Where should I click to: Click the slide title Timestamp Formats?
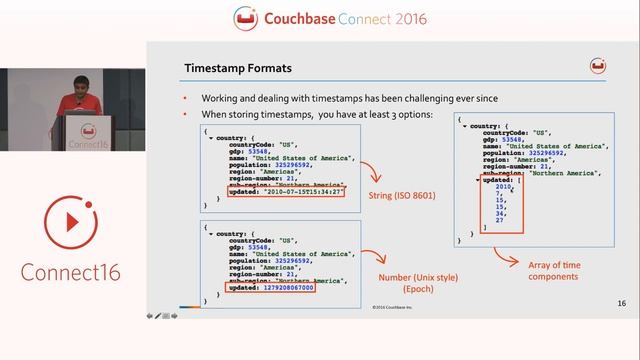(x=238, y=68)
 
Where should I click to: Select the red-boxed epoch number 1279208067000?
(x=271, y=288)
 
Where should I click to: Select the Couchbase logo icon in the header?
(x=245, y=18)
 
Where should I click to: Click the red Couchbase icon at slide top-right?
(x=598, y=66)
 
